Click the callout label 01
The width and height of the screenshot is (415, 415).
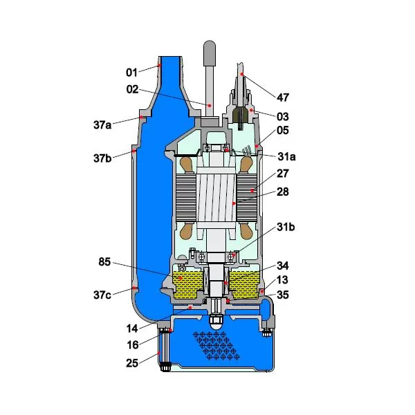[132, 72]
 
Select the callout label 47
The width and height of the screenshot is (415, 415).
[283, 98]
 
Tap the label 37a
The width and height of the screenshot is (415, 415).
[102, 124]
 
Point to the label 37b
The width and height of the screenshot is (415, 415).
[102, 158]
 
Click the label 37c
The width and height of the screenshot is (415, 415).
[102, 295]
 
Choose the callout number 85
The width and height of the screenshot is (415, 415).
[104, 261]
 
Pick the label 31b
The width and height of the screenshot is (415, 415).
[286, 227]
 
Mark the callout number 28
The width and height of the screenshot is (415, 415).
[283, 192]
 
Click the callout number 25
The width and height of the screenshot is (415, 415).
[132, 363]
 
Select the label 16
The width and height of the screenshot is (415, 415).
[133, 344]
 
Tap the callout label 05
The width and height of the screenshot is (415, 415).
[283, 130]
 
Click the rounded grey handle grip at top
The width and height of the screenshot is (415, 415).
[209, 53]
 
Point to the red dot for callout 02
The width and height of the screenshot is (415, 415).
[210, 105]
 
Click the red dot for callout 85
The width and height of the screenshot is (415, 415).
[181, 278]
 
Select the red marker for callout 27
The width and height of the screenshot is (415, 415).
[252, 190]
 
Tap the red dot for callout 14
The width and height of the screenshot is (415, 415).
[190, 308]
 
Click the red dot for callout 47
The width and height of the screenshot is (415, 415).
[241, 74]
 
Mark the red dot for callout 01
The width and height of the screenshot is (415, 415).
[159, 65]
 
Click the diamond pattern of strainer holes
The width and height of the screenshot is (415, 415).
[216, 346]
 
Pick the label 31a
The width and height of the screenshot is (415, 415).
[286, 157]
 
